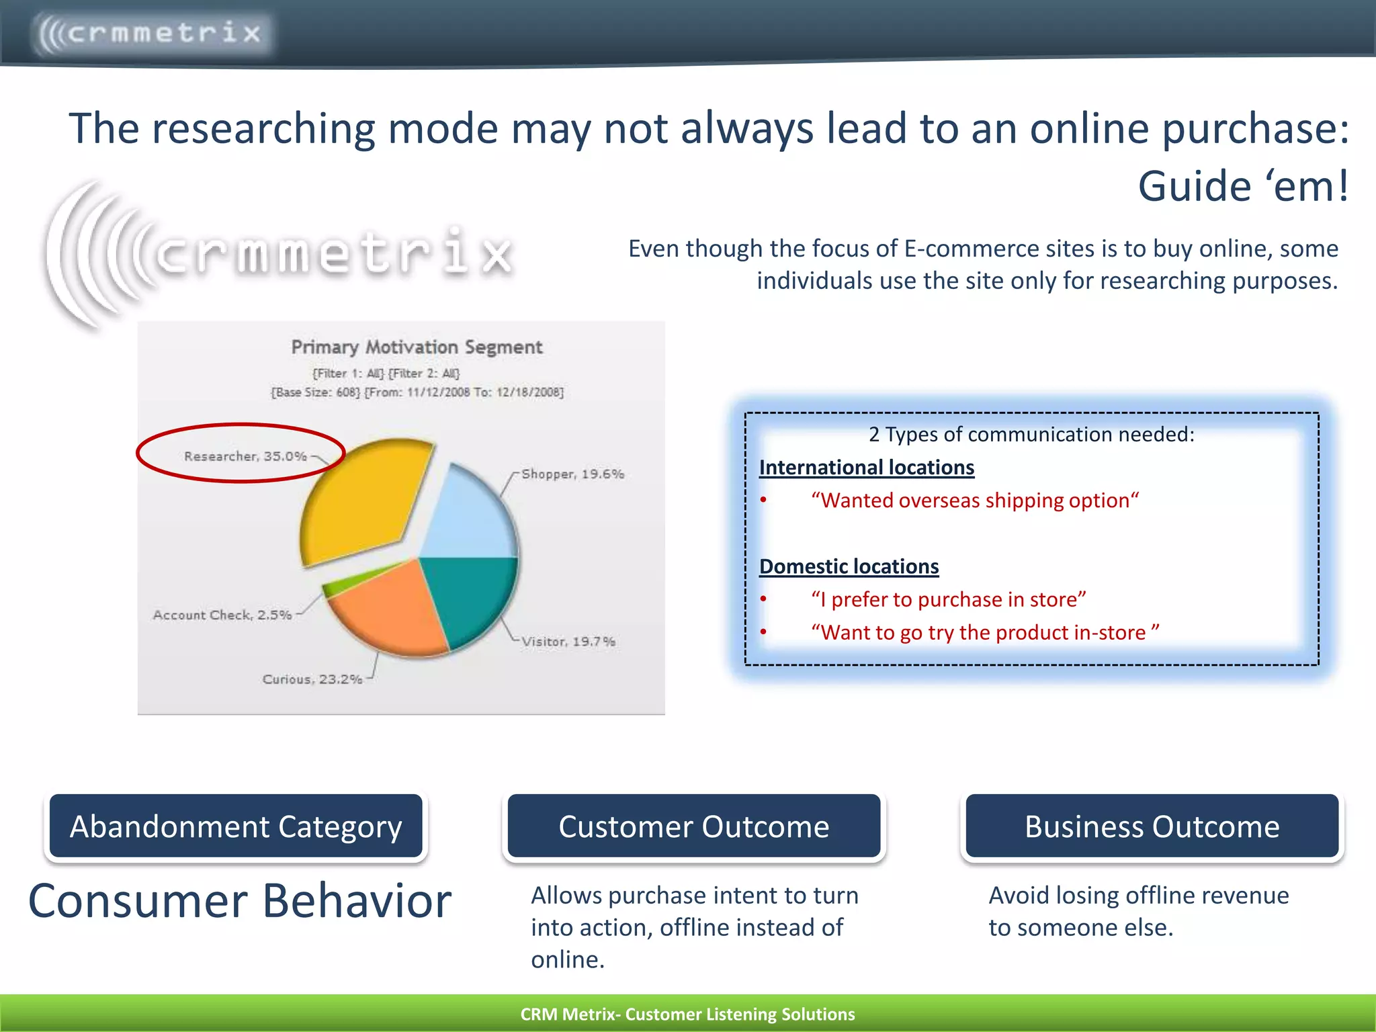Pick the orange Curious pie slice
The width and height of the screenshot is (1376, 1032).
click(x=390, y=611)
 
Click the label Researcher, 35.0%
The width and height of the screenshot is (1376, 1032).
click(x=245, y=456)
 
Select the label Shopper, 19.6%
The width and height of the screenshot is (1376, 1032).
click(x=572, y=474)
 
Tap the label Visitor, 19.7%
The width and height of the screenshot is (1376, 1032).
click(x=568, y=642)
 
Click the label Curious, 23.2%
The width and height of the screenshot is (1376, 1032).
click(x=312, y=679)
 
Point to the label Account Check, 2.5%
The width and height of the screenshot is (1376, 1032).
click(x=222, y=615)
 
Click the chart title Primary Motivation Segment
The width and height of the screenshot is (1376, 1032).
click(x=417, y=347)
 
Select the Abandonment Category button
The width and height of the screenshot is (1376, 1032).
click(x=236, y=826)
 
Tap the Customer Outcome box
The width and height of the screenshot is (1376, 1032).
click(x=694, y=826)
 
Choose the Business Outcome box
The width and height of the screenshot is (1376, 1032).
click(x=1152, y=826)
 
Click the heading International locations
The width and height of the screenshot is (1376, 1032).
click(x=866, y=467)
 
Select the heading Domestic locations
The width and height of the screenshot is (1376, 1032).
click(x=849, y=566)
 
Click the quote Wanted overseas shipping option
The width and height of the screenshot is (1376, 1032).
click(x=974, y=501)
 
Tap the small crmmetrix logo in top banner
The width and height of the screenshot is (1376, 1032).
click(x=151, y=33)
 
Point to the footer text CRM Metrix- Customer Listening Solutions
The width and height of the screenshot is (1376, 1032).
click(x=687, y=1014)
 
